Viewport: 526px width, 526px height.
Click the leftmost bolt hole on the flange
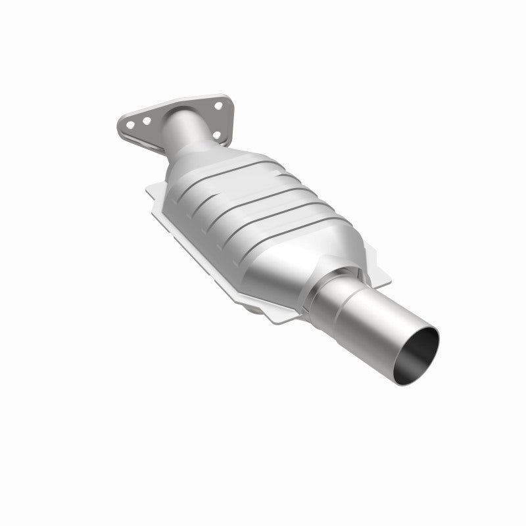(x=131, y=124)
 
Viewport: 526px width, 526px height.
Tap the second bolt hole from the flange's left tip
(x=146, y=121)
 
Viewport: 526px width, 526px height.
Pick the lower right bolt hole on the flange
(x=216, y=135)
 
